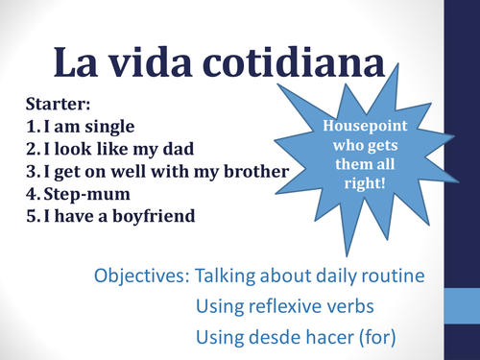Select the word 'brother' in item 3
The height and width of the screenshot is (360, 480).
(253, 172)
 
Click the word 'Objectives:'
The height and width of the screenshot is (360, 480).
(140, 276)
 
